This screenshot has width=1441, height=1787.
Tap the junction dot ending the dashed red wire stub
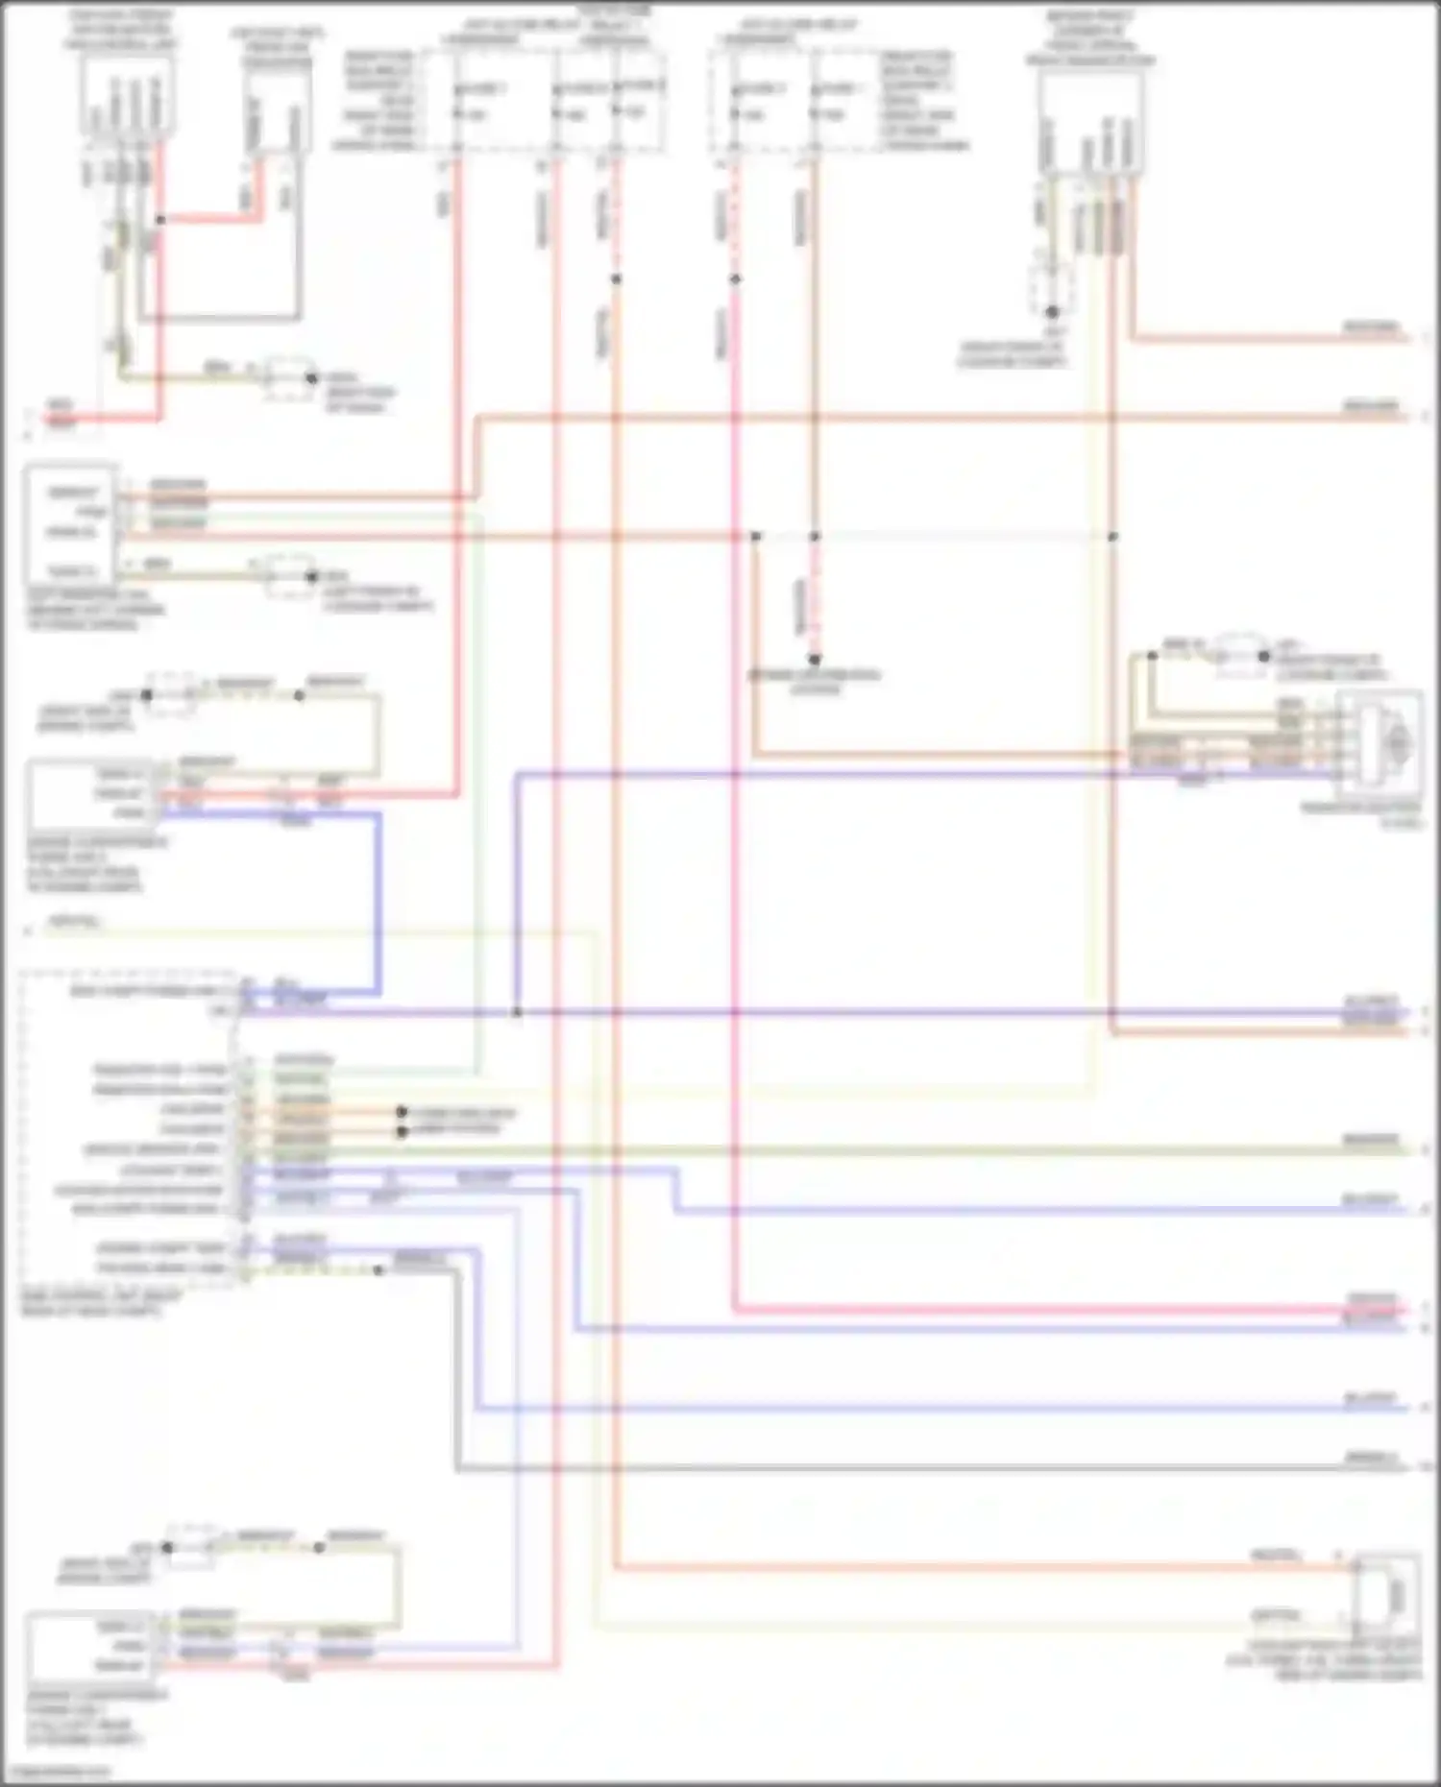[x=814, y=660]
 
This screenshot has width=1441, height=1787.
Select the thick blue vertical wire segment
[x=379, y=903]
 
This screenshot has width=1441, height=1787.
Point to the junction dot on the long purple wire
[x=516, y=1012]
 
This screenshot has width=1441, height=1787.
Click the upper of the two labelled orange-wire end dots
[x=402, y=1112]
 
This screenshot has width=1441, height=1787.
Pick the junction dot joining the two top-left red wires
[x=160, y=220]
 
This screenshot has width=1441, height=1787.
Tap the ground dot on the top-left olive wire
[x=310, y=377]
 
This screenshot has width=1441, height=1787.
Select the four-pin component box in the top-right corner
[x=1090, y=125]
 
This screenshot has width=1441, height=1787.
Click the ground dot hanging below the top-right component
[x=1052, y=312]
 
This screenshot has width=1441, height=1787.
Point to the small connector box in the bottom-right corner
[x=1386, y=1596]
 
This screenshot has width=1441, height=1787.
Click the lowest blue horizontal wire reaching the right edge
[x=941, y=1408]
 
